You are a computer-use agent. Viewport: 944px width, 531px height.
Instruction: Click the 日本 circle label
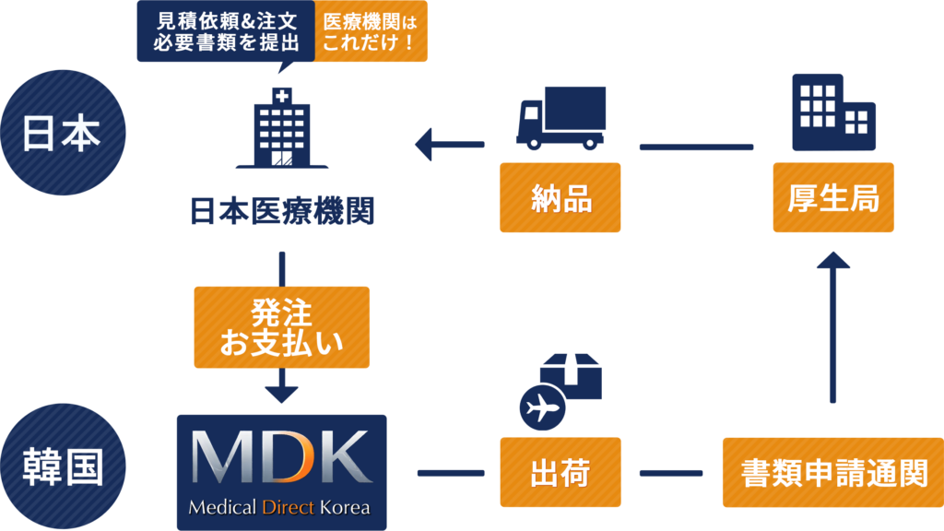[62, 134]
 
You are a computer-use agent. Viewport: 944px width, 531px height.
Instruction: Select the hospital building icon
[281, 129]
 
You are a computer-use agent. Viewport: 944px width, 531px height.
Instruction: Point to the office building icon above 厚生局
[832, 112]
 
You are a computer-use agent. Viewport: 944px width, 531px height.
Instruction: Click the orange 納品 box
[560, 197]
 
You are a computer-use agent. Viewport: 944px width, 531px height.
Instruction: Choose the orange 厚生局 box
[832, 197]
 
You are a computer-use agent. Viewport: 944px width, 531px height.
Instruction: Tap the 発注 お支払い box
[281, 327]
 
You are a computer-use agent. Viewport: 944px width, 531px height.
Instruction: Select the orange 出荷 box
[560, 473]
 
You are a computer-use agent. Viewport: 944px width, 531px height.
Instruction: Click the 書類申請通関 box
[832, 473]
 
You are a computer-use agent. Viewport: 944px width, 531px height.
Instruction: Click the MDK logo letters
[281, 458]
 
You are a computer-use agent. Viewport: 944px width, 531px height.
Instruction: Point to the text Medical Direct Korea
[279, 507]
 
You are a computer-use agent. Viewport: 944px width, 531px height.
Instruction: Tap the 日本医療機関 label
[281, 212]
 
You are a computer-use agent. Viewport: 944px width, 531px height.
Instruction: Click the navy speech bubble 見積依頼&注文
[226, 31]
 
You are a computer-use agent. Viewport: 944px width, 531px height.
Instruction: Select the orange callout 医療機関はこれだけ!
[371, 31]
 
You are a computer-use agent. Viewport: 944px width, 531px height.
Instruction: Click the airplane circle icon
[542, 407]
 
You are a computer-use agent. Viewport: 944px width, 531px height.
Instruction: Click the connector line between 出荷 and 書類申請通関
[670, 473]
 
